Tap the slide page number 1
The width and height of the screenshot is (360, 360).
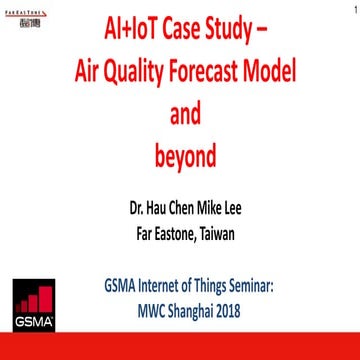click(x=353, y=10)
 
